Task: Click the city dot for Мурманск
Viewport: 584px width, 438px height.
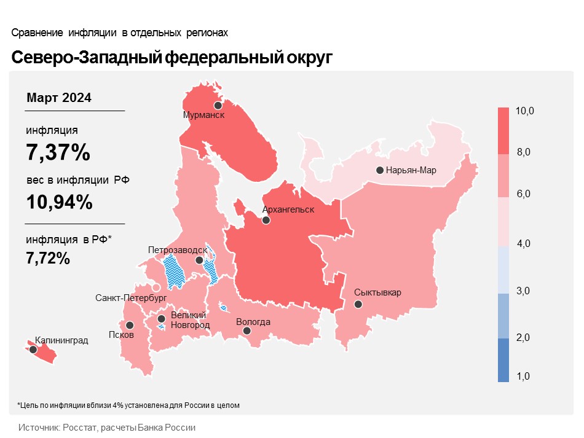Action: tap(218, 106)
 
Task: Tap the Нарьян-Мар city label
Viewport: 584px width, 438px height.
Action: tap(411, 170)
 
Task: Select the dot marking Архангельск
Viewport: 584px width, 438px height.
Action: tap(266, 220)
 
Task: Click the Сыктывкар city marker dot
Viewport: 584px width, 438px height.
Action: tap(358, 303)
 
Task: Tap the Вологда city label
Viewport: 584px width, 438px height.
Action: tap(253, 322)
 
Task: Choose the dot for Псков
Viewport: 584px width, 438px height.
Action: tap(130, 325)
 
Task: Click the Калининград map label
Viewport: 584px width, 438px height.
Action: tap(61, 339)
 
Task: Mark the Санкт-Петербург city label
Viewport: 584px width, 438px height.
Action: tap(132, 297)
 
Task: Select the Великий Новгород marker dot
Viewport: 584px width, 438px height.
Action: tap(161, 319)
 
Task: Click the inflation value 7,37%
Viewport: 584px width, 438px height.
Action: tap(58, 152)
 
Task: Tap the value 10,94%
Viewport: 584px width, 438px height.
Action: tap(60, 201)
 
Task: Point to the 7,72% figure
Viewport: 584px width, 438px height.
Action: tap(48, 259)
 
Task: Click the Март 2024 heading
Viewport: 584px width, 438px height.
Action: tap(59, 98)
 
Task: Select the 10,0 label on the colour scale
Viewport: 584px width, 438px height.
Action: tap(525, 111)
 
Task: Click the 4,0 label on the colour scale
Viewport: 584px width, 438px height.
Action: tap(524, 244)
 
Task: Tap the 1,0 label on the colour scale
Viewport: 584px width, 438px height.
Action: tap(524, 376)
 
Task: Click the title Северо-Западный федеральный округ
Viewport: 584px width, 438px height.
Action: tap(172, 57)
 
